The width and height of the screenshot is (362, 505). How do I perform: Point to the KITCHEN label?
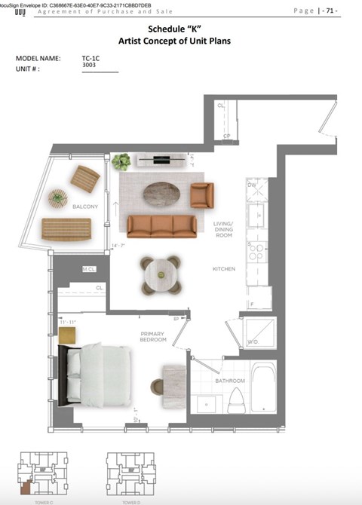[x=224, y=269]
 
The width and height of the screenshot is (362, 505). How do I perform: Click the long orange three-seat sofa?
[x=161, y=224]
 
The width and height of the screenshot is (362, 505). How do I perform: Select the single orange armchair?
[x=202, y=195]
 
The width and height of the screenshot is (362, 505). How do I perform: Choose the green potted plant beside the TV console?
[x=121, y=161]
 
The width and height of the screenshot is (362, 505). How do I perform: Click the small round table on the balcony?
[x=57, y=198]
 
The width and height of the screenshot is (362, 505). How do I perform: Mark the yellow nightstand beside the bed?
[x=68, y=333]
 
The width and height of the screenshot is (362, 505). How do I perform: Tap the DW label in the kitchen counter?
[x=252, y=184]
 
